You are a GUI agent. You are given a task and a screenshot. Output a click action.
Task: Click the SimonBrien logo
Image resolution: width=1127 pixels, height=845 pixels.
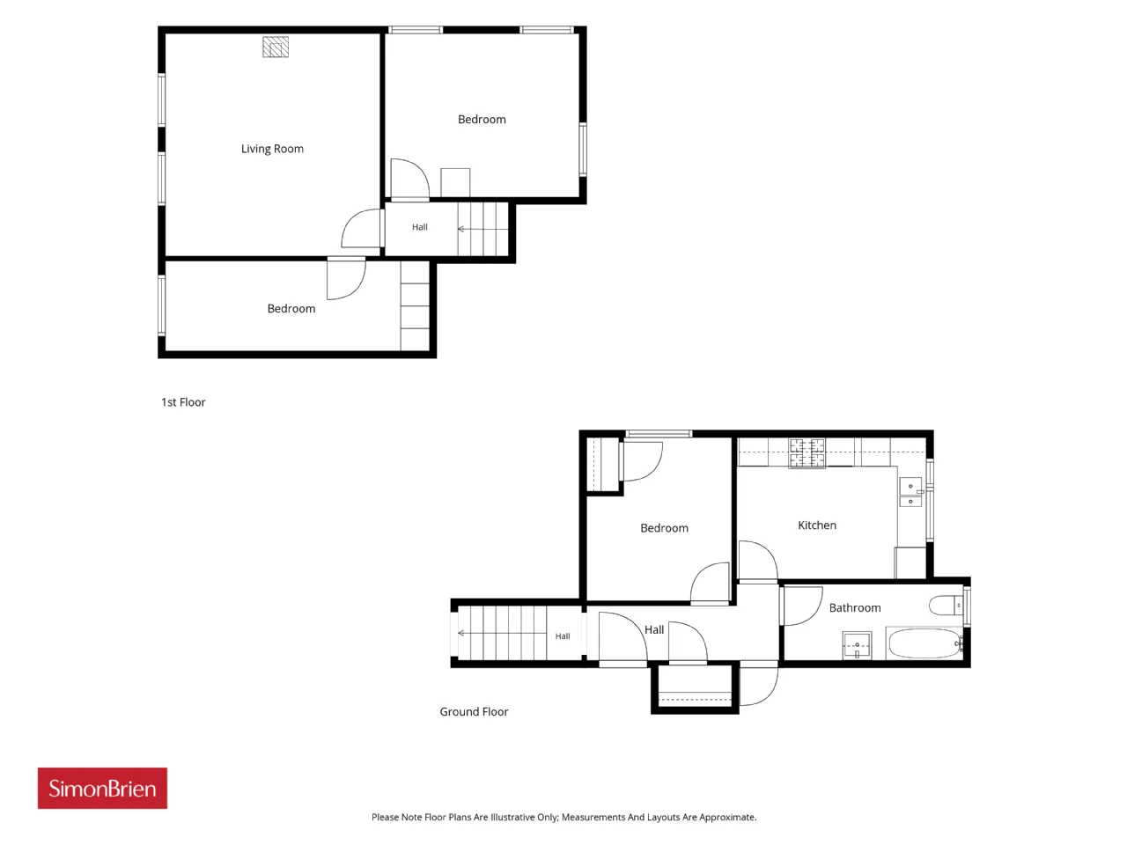coord(102,788)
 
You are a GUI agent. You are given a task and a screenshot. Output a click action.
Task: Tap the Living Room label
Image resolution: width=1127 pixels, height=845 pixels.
coord(272,149)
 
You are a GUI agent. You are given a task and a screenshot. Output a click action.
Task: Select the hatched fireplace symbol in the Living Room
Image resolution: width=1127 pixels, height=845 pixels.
coord(276,48)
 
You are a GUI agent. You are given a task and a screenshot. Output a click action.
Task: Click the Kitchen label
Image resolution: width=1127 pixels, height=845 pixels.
coord(817,525)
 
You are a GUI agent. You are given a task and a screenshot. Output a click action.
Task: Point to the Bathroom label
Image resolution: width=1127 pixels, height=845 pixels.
coord(855,607)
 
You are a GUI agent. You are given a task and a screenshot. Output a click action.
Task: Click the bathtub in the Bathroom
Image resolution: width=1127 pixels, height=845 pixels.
coord(924,643)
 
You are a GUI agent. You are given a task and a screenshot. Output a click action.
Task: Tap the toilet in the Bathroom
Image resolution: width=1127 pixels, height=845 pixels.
coord(947,606)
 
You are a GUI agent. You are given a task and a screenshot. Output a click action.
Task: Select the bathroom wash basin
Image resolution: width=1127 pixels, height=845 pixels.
coord(857,645)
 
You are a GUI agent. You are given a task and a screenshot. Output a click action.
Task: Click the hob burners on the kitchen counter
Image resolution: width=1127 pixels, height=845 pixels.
coord(807,453)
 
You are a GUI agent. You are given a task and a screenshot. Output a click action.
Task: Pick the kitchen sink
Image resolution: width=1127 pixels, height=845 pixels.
coord(910,493)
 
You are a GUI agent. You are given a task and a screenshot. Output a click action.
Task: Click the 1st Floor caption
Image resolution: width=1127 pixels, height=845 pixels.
coord(183,402)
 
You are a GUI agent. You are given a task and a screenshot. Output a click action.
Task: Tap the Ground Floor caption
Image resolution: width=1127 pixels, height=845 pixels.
coord(474,711)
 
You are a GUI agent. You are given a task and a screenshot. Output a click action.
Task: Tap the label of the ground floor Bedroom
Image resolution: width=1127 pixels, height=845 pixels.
coord(664,528)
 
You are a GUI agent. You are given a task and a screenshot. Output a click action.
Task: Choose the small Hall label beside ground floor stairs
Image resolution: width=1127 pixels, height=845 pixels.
coord(563,636)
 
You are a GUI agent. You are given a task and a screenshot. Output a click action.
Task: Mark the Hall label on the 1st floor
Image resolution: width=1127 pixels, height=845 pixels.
coord(419,227)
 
